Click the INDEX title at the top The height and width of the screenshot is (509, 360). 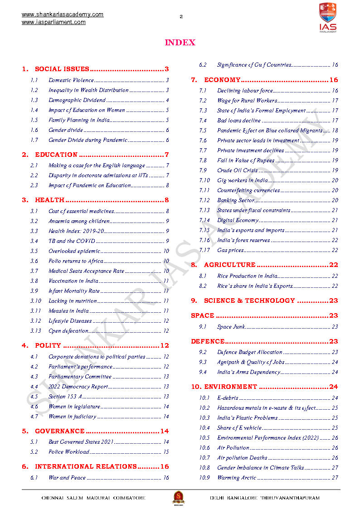(180, 43)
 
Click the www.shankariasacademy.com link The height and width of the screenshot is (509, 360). (63, 15)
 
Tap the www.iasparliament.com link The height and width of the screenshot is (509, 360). (54, 22)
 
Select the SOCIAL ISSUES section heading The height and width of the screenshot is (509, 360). (62, 69)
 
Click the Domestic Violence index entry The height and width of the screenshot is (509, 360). (71, 80)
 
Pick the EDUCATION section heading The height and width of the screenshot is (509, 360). (56, 155)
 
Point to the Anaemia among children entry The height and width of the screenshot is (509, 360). (79, 221)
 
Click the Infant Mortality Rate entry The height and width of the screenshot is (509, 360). (74, 291)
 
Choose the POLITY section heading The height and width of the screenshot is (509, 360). (48, 345)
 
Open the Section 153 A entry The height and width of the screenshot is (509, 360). (65, 397)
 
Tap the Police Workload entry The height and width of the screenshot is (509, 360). (69, 452)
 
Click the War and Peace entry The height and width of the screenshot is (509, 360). (67, 478)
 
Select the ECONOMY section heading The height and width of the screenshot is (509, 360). (222, 80)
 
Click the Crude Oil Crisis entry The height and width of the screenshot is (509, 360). (237, 170)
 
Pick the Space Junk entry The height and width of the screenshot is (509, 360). (231, 327)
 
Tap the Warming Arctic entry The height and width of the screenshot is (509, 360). (237, 478)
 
